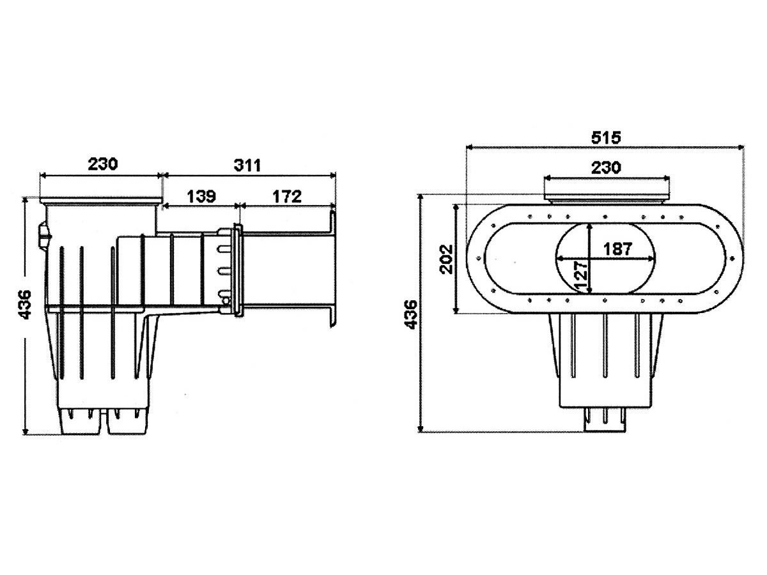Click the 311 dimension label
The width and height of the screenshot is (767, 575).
point(247,165)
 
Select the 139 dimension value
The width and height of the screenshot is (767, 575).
point(200,196)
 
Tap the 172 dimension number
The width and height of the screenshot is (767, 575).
point(286,196)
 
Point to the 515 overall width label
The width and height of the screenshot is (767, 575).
point(605,137)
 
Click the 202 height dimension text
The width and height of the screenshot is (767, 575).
point(447,258)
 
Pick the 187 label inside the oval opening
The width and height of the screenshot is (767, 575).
point(617,249)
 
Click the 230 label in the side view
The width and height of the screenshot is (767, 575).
point(103,164)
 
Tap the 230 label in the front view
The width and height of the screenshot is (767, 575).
point(605,167)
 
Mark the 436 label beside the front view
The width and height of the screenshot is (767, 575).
point(412,313)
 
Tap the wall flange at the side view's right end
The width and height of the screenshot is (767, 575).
point(332,268)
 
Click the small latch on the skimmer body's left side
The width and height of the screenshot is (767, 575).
point(43,233)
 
